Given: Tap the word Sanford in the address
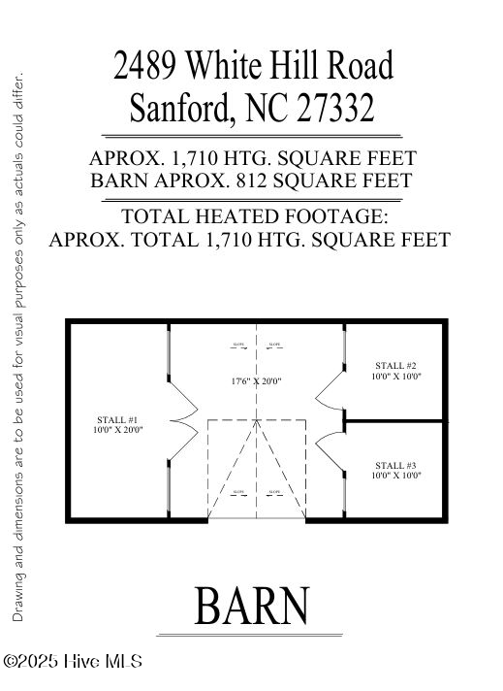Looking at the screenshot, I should [x=179, y=107].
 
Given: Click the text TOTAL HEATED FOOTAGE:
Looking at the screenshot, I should [x=254, y=216].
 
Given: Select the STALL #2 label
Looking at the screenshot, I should [x=395, y=365].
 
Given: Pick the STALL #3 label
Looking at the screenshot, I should [x=395, y=465].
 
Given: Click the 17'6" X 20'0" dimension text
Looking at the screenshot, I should [x=256, y=381].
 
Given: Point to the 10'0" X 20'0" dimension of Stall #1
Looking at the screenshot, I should [x=118, y=430].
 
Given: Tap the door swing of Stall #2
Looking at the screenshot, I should [x=330, y=383].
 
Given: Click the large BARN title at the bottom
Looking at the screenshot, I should [x=252, y=606].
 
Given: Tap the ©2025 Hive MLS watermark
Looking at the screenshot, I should [x=73, y=662].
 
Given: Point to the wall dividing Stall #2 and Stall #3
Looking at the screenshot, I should [x=395, y=421].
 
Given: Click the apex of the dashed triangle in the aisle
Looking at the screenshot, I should [x=256, y=422].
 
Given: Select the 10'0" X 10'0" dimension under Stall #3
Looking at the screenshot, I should [x=395, y=476].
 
